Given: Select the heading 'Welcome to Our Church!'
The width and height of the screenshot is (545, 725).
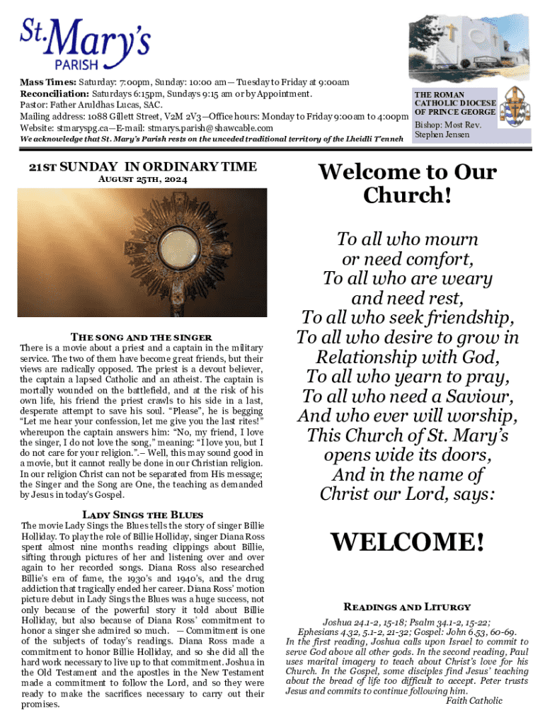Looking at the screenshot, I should pyautogui.click(x=407, y=183).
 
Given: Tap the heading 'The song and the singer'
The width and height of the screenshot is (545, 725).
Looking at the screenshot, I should pyautogui.click(x=142, y=336).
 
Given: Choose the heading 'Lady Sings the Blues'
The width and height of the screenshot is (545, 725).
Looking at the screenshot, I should pyautogui.click(x=142, y=514).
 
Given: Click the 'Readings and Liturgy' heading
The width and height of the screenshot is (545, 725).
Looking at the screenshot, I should pyautogui.click(x=407, y=607).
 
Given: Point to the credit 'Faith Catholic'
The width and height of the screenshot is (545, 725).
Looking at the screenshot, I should pyautogui.click(x=474, y=701).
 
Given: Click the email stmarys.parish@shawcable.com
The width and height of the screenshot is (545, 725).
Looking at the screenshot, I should pyautogui.click(x=207, y=128).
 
